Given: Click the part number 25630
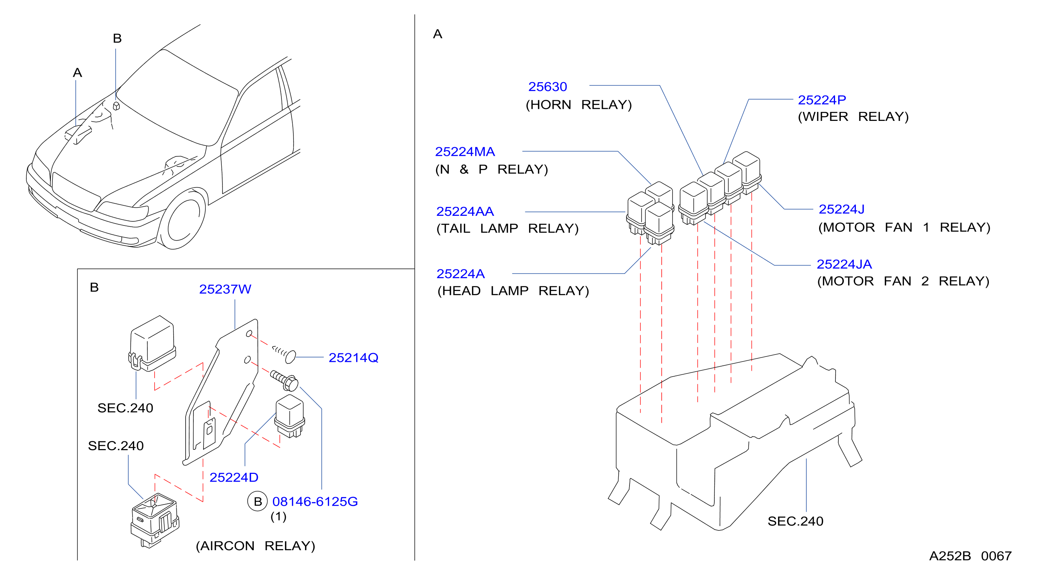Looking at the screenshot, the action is pyautogui.click(x=547, y=87).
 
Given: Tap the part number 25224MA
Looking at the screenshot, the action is pyautogui.click(x=465, y=152).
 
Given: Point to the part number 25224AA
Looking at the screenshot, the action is pyautogui.click(x=465, y=212).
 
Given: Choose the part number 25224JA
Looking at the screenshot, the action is pyautogui.click(x=844, y=264).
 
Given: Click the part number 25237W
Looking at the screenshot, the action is pyautogui.click(x=225, y=289).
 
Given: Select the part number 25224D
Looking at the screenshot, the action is pyautogui.click(x=234, y=477).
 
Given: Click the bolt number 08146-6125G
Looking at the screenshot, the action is pyautogui.click(x=315, y=501).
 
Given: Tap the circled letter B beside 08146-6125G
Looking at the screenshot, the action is pyautogui.click(x=257, y=501).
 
